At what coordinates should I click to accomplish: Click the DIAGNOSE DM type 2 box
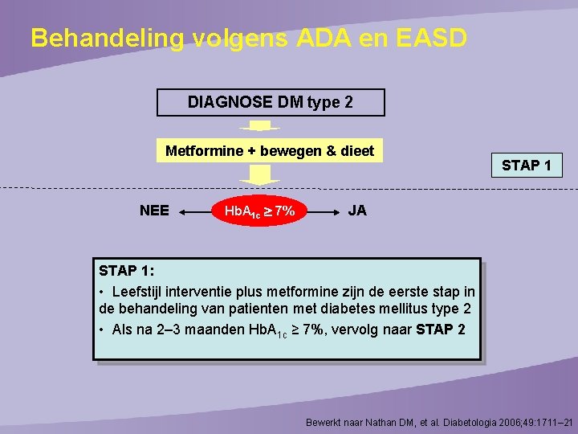point(271,103)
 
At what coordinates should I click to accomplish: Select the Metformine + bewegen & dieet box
point(270,151)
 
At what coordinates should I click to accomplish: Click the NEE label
point(154,211)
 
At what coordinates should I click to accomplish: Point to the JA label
point(357,211)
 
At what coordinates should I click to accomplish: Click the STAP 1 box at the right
point(526,166)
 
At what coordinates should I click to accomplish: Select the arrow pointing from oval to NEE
point(193,212)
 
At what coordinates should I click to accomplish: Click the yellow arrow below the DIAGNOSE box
point(259,125)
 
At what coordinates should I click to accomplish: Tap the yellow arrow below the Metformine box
point(259,174)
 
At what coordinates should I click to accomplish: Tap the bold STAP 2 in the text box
point(441,330)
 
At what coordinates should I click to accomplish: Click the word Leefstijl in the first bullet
point(138,291)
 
